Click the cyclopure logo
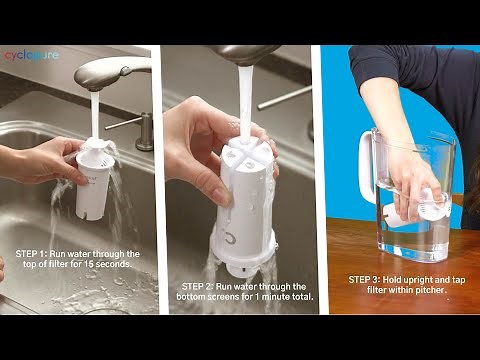click(x=31, y=55)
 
